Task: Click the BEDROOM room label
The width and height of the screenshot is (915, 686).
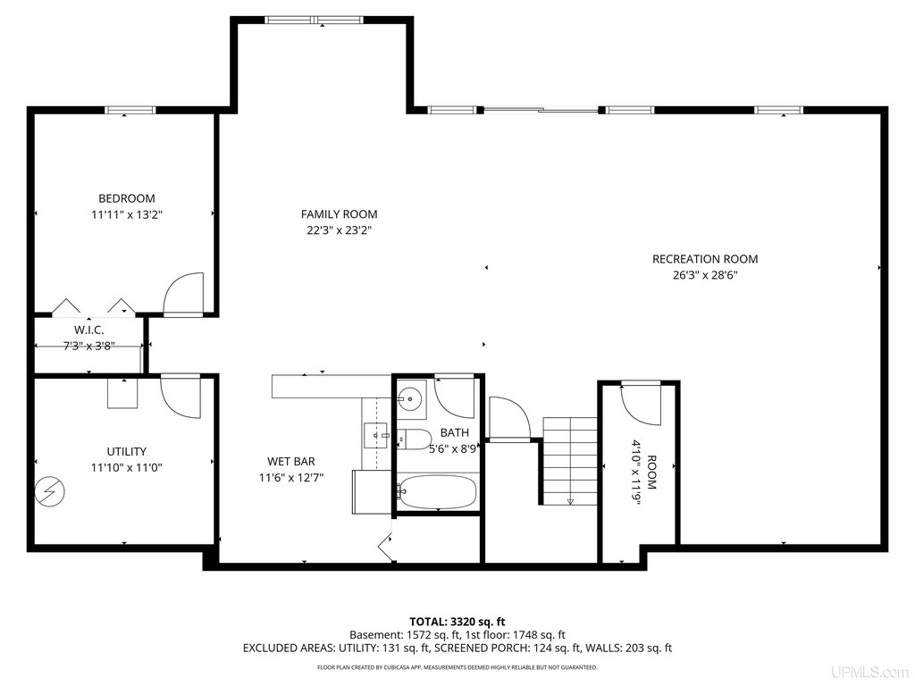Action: click(127, 198)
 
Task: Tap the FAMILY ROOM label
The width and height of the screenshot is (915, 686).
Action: click(339, 214)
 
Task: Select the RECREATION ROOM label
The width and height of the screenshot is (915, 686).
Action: click(705, 259)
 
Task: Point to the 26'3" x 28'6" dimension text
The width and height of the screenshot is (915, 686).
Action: click(705, 275)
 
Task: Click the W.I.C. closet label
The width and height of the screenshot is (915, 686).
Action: click(88, 330)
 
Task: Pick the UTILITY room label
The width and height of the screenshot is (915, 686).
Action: click(127, 451)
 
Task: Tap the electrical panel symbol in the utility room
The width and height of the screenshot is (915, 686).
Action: click(50, 492)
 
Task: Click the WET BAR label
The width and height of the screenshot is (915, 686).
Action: click(291, 462)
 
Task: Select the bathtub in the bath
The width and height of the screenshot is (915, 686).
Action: click(436, 493)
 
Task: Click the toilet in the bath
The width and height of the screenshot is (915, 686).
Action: click(413, 439)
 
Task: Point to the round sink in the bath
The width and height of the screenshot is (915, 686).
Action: click(411, 399)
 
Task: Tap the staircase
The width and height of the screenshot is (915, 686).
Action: click(570, 461)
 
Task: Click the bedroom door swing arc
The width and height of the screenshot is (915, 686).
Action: click(183, 294)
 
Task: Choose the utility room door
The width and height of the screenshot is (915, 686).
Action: click(180, 397)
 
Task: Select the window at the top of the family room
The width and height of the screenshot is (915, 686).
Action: click(314, 20)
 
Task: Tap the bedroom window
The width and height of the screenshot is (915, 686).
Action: click(130, 110)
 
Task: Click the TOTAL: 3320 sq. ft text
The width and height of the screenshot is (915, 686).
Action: click(457, 622)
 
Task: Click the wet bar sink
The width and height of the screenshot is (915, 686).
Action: click(375, 435)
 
